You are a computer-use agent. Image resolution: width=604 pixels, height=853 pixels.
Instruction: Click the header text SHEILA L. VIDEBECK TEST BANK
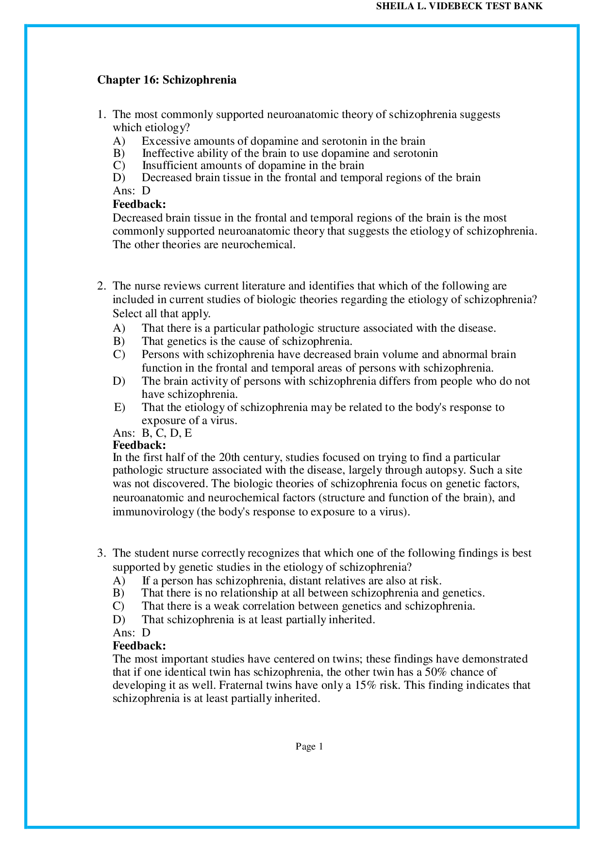coord(459,6)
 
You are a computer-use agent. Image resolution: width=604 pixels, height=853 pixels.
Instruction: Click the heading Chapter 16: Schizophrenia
coord(167,80)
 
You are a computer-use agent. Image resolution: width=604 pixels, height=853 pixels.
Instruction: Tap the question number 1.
coord(101,115)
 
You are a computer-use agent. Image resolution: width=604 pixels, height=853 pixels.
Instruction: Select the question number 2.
coord(101,286)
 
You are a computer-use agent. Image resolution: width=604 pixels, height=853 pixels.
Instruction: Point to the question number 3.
coord(101,553)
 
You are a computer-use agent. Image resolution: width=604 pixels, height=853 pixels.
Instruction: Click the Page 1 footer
coord(309,747)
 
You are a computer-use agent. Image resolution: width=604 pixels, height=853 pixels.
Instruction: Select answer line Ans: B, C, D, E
coord(152,433)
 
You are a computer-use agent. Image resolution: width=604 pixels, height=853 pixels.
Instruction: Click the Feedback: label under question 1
coord(139,204)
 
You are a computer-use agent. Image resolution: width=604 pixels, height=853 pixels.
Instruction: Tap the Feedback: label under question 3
coord(139,646)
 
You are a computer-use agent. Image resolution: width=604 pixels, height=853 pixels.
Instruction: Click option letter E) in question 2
coord(119,407)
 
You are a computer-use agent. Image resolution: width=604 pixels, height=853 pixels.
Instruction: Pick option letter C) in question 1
coord(119,165)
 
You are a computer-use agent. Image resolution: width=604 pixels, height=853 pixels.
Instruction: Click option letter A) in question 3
coord(119,581)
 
